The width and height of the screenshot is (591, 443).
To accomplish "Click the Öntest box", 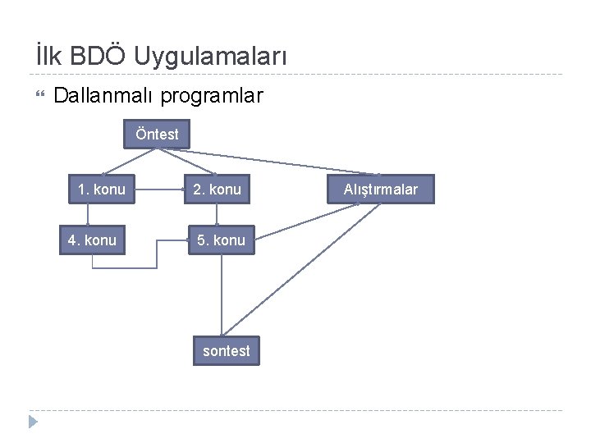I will [157, 134].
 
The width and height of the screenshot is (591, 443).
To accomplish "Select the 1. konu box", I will [101, 190].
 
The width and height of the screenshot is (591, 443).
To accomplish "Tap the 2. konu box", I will [217, 190].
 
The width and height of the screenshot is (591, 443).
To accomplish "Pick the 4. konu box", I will [92, 240].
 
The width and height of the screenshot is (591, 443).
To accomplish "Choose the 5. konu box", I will [222, 240].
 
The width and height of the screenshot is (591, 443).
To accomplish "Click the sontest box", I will [226, 350].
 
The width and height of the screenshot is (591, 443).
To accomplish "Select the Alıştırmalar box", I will [381, 190].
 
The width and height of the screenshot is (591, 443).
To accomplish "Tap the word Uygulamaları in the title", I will [211, 57].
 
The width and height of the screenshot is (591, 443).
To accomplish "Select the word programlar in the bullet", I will [212, 96].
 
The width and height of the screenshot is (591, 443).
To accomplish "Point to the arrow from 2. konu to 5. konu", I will [217, 213].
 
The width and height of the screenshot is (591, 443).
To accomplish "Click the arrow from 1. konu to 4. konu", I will [89, 213].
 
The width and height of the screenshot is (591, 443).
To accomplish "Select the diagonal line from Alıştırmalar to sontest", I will [304, 272].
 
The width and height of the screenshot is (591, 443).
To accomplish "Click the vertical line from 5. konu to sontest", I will [222, 295].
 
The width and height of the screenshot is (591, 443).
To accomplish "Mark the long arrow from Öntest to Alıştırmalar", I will [279, 162].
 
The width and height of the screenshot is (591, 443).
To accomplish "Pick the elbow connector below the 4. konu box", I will [123, 268].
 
